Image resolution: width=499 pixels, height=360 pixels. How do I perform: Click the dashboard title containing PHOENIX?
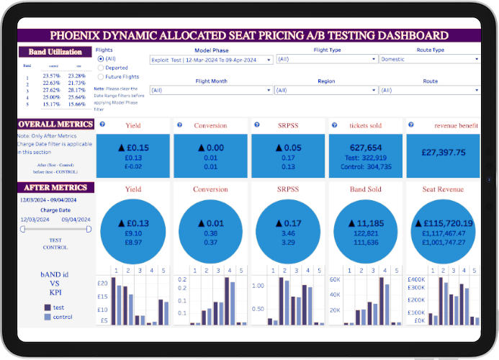pyautogui.click(x=248, y=35)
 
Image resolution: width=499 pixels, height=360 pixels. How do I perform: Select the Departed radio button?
pyautogui.click(x=100, y=67)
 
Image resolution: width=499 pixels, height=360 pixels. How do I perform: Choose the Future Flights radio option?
pyautogui.click(x=100, y=76)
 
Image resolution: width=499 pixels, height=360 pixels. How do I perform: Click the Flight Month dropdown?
pyautogui.click(x=210, y=90)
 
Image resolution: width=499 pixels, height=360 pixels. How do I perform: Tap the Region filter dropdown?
pyautogui.click(x=325, y=90)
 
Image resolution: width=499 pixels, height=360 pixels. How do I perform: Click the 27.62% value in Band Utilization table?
pyautogui.click(x=51, y=90)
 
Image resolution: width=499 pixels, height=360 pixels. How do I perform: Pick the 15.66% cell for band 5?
pyautogui.click(x=76, y=104)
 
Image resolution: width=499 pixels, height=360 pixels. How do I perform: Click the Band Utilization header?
pyautogui.click(x=56, y=52)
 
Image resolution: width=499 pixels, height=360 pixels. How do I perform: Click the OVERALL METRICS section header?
pyautogui.click(x=56, y=125)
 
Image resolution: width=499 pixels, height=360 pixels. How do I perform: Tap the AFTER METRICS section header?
pyautogui.click(x=56, y=188)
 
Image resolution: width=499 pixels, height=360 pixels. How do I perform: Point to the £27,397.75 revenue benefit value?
pyautogui.click(x=444, y=153)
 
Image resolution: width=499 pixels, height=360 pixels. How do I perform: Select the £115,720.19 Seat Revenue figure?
pyautogui.click(x=444, y=222)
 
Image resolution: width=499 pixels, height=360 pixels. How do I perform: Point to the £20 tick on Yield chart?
pyautogui.click(x=103, y=283)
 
